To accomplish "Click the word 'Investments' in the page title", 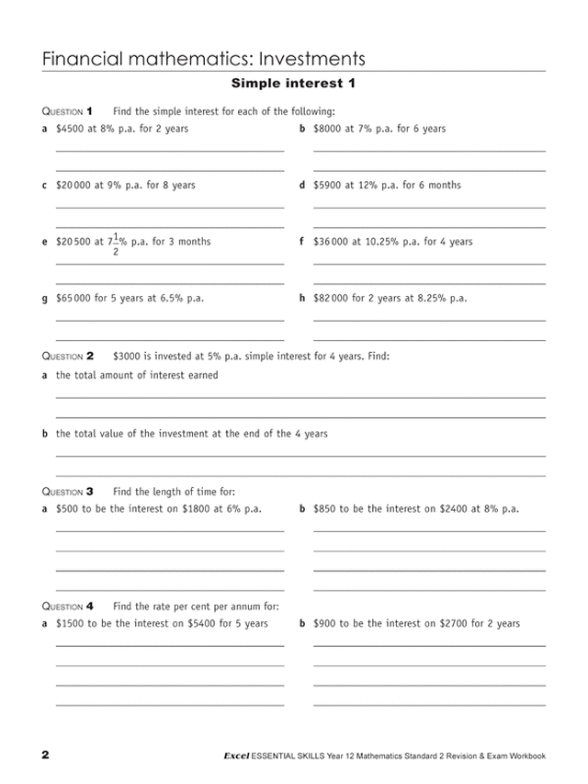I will pos(312,59).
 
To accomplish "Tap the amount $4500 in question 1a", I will pos(71,129).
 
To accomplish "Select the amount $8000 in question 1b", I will pos(328,129).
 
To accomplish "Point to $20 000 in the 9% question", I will pos(73,186).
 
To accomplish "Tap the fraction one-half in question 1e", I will pos(116,244).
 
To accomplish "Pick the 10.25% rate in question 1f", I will pos(382,243).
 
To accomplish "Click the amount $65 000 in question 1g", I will pos(73,299).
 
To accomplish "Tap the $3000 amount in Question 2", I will pos(128,355).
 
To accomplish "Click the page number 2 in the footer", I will pos(45,756).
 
